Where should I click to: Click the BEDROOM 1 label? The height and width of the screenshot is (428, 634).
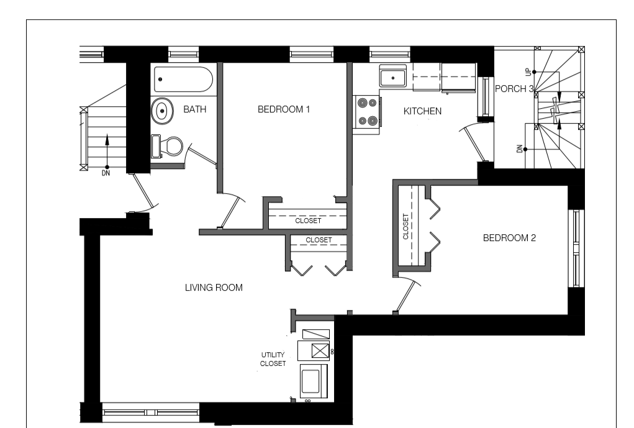283,109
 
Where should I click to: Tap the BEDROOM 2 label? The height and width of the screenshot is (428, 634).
509,238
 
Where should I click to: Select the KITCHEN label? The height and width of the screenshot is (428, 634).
422,111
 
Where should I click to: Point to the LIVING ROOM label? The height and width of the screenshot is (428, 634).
214,288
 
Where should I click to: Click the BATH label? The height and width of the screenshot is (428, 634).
194,109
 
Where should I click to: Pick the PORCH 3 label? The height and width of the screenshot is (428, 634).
514,89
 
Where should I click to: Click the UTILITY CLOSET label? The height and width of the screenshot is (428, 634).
273,359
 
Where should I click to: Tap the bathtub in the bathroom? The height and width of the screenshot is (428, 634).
183,80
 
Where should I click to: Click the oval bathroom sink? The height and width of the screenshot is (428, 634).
162,110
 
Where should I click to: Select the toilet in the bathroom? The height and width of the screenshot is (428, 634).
167,146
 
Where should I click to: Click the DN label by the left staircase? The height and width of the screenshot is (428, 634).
106,173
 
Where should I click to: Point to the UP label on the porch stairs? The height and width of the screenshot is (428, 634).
528,73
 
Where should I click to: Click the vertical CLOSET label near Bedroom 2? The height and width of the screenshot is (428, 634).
405,227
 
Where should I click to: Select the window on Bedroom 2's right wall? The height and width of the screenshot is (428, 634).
576,248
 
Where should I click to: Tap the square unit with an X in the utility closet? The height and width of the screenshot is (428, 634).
320,350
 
